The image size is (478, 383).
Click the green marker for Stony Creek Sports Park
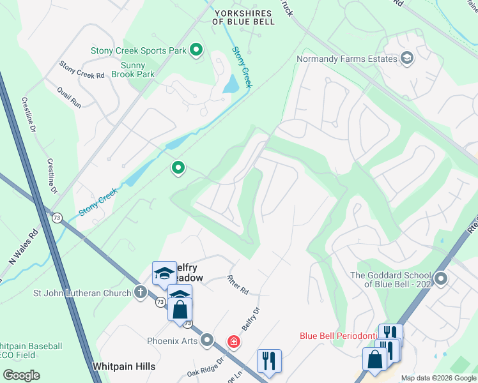click(x=196, y=49)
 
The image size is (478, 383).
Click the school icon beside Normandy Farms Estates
click(x=406, y=59)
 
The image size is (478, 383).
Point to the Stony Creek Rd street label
click(x=82, y=70)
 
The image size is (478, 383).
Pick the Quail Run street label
click(x=69, y=96)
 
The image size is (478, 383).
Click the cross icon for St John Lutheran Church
click(x=141, y=293)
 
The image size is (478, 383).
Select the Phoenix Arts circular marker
click(x=207, y=340)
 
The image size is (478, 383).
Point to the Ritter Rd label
click(x=238, y=285)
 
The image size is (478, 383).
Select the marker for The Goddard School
click(x=441, y=279)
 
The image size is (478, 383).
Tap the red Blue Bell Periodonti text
click(x=339, y=336)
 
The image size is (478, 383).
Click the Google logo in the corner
click(x=21, y=375)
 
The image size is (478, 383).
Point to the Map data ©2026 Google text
click(x=438, y=378)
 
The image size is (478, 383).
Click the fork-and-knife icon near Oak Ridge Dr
click(x=269, y=360)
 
